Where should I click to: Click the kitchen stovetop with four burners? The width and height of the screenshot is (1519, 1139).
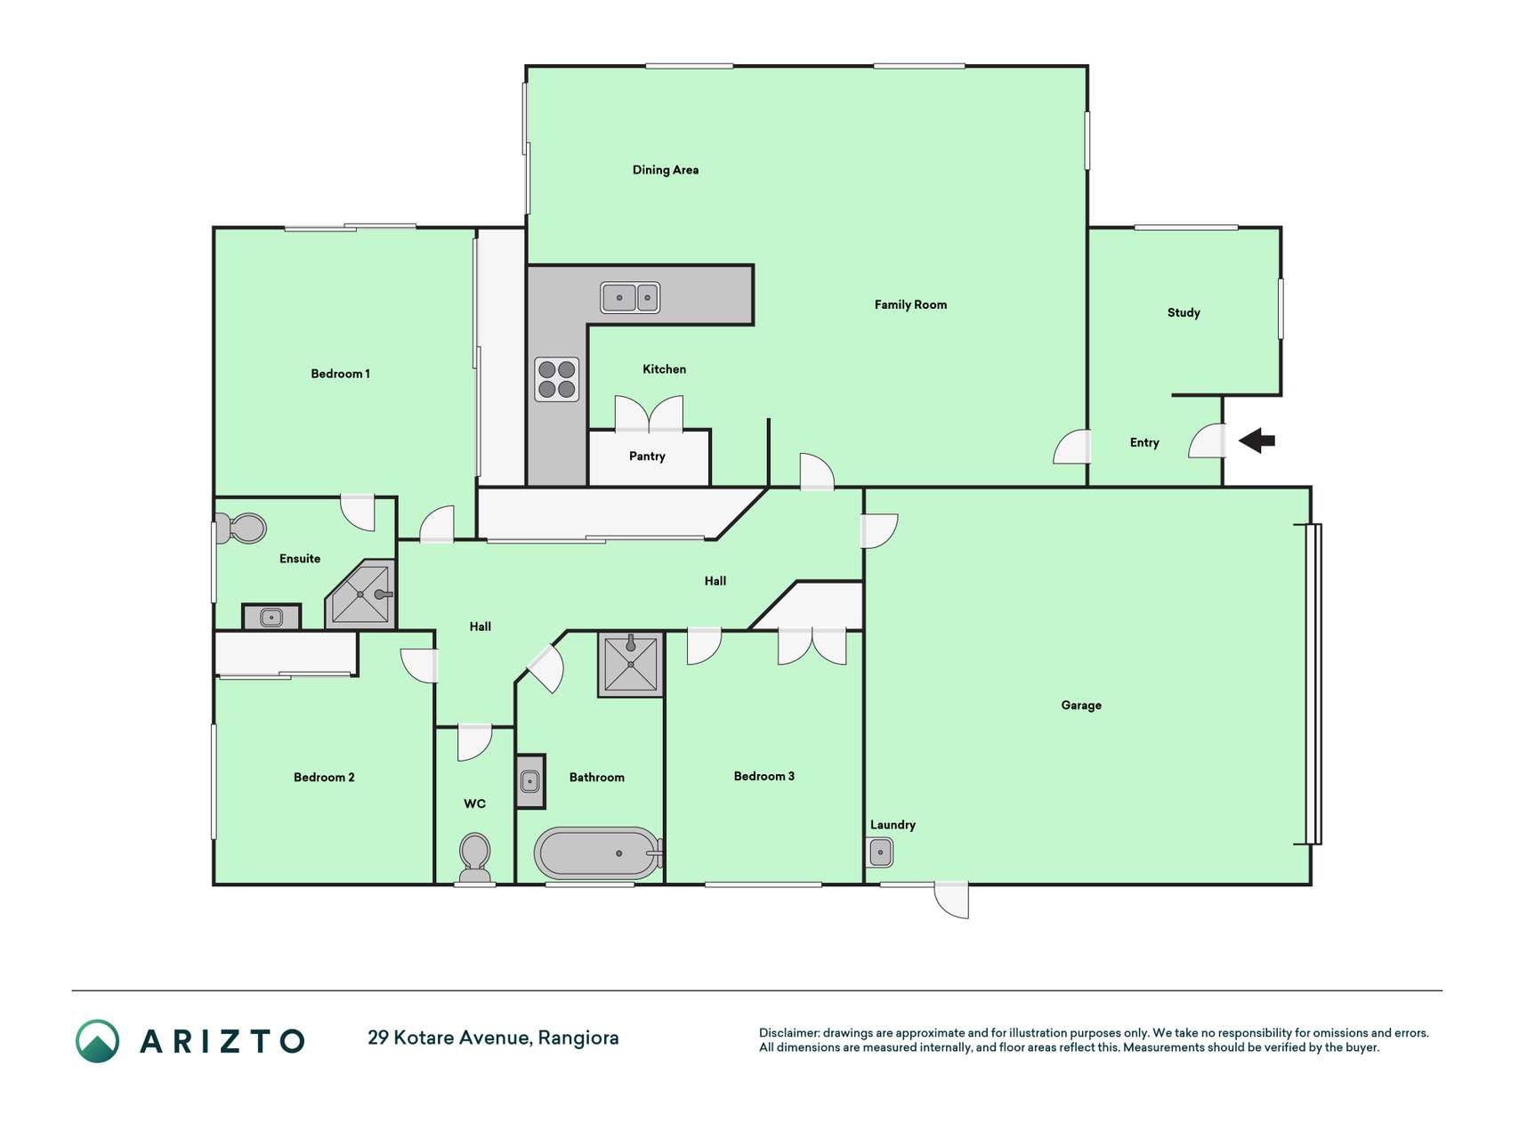pyautogui.click(x=557, y=379)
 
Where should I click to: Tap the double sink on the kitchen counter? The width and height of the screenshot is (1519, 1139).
pyautogui.click(x=630, y=297)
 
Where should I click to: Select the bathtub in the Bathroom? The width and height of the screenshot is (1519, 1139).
pyautogui.click(x=598, y=853)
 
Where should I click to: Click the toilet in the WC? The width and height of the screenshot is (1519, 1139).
pyautogui.click(x=475, y=858)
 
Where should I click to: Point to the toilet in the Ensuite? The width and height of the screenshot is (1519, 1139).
pyautogui.click(x=241, y=528)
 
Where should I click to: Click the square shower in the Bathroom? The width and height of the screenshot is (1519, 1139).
pyautogui.click(x=631, y=664)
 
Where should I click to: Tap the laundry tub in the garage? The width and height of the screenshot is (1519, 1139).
pyautogui.click(x=880, y=852)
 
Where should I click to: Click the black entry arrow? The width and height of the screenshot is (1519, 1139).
pyautogui.click(x=1256, y=440)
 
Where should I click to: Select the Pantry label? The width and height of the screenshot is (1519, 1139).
pyautogui.click(x=647, y=456)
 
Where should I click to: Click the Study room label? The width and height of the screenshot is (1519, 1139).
pyautogui.click(x=1184, y=312)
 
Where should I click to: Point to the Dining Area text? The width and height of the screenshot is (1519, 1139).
pyautogui.click(x=666, y=170)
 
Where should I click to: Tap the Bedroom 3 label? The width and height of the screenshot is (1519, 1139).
pyautogui.click(x=764, y=776)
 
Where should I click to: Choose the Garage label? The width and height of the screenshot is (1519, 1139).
pyautogui.click(x=1081, y=706)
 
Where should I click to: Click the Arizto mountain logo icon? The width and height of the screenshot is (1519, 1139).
pyautogui.click(x=97, y=1041)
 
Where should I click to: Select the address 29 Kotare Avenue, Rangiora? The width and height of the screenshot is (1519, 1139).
pyautogui.click(x=493, y=1038)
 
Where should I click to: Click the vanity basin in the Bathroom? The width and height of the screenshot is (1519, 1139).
pyautogui.click(x=530, y=782)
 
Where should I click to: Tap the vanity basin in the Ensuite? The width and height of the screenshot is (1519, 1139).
pyautogui.click(x=271, y=617)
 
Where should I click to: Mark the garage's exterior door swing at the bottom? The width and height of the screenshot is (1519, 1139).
pyautogui.click(x=951, y=900)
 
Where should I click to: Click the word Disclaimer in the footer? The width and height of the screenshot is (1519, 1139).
pyautogui.click(x=789, y=1033)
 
